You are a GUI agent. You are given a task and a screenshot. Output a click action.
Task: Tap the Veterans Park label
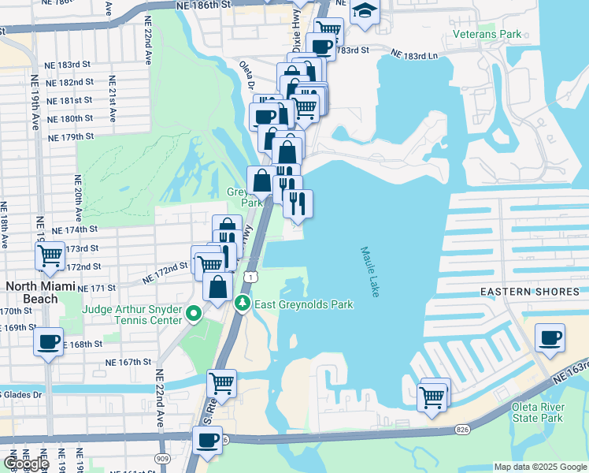(487, 35)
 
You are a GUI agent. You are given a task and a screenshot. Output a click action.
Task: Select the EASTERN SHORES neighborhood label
(530, 292)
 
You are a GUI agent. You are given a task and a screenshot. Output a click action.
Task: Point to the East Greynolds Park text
(304, 304)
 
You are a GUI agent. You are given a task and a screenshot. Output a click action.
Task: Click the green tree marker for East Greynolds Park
(244, 304)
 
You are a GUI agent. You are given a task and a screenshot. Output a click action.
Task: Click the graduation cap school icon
(365, 11)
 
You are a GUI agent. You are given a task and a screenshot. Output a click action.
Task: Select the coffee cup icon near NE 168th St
(49, 341)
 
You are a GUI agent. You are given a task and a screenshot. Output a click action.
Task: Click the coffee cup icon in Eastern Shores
(550, 337)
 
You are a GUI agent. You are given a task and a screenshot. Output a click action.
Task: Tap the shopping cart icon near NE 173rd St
(50, 255)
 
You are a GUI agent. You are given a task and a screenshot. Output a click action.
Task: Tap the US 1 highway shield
(249, 277)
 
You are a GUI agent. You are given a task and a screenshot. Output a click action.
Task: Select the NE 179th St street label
(71, 136)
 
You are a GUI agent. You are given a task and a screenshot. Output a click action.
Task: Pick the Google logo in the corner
(26, 464)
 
